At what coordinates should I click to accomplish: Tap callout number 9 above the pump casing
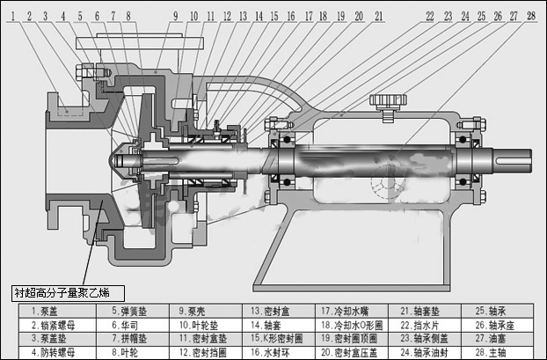coord(174,16)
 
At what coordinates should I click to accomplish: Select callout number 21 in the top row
coord(378,16)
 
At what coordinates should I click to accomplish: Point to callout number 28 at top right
coord(530,16)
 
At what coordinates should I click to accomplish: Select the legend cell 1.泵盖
coord(54,311)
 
